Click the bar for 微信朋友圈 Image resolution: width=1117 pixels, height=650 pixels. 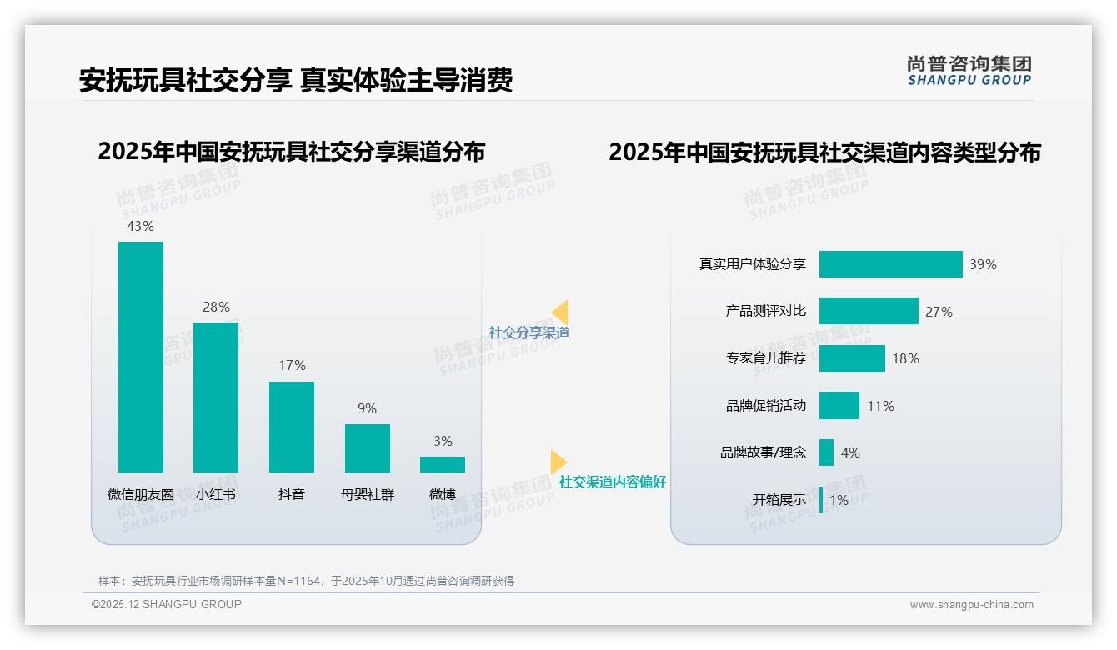141,357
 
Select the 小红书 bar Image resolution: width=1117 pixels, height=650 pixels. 216,397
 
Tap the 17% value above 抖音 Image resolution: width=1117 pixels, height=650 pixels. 292,365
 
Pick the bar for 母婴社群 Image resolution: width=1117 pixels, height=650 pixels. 368,448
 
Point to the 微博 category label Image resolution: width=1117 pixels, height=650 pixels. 443,494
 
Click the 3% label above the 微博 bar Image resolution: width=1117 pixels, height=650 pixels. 443,441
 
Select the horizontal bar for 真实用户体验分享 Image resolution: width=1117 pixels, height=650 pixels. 890,264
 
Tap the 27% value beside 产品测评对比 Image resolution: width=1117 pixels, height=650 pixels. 939,312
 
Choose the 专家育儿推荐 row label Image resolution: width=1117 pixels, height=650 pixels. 766,358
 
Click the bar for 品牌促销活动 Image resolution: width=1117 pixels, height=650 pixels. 839,406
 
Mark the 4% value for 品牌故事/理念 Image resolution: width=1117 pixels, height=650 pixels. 850,452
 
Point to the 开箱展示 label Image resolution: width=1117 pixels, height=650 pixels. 779,500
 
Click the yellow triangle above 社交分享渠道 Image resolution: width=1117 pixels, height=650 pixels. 560,312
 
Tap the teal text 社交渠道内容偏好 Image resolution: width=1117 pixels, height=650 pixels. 613,482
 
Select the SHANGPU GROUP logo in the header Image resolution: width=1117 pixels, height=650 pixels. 969,71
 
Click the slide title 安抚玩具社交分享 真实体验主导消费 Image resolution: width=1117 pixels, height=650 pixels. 296,80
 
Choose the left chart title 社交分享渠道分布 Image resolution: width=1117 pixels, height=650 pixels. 291,152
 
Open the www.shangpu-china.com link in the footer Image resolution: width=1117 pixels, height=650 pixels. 971,605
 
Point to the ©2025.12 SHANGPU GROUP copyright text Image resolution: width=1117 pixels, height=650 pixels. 167,604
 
